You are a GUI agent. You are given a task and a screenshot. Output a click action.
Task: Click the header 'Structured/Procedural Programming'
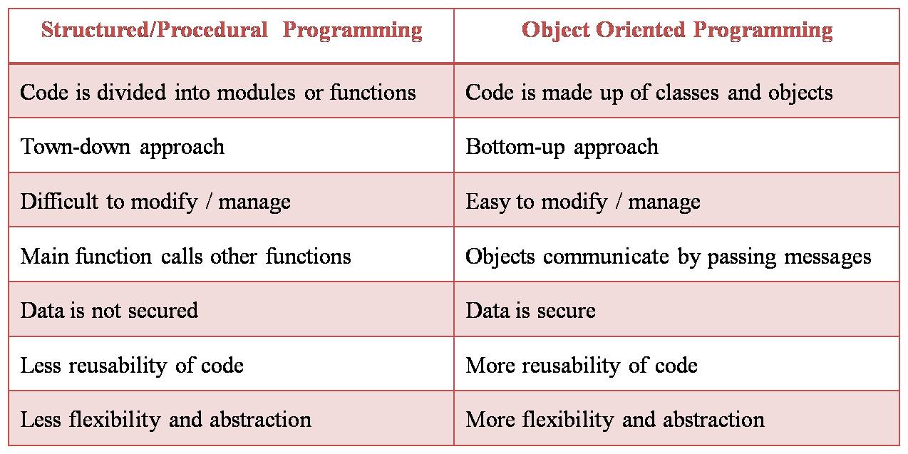click(232, 31)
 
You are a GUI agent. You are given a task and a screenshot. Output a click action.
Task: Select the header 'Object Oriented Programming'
click(677, 31)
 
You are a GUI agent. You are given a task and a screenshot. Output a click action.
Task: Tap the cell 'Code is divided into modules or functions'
click(218, 93)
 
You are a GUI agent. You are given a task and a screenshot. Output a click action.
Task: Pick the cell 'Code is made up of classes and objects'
click(649, 93)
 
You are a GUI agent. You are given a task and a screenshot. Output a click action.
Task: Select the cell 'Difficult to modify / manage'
click(155, 202)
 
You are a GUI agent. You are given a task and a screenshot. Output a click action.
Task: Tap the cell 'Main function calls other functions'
click(185, 257)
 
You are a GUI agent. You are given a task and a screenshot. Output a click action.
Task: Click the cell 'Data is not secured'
click(109, 311)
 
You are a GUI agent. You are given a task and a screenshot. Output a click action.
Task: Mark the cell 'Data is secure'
click(530, 311)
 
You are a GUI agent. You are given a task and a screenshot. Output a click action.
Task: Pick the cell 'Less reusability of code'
click(132, 366)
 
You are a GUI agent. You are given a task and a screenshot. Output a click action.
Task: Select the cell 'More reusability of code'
click(582, 366)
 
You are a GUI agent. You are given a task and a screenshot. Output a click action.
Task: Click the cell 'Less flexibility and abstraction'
click(165, 420)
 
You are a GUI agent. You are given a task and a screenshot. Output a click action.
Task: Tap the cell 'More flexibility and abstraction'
click(615, 420)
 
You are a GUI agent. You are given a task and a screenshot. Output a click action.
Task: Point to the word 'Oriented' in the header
click(647, 31)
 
